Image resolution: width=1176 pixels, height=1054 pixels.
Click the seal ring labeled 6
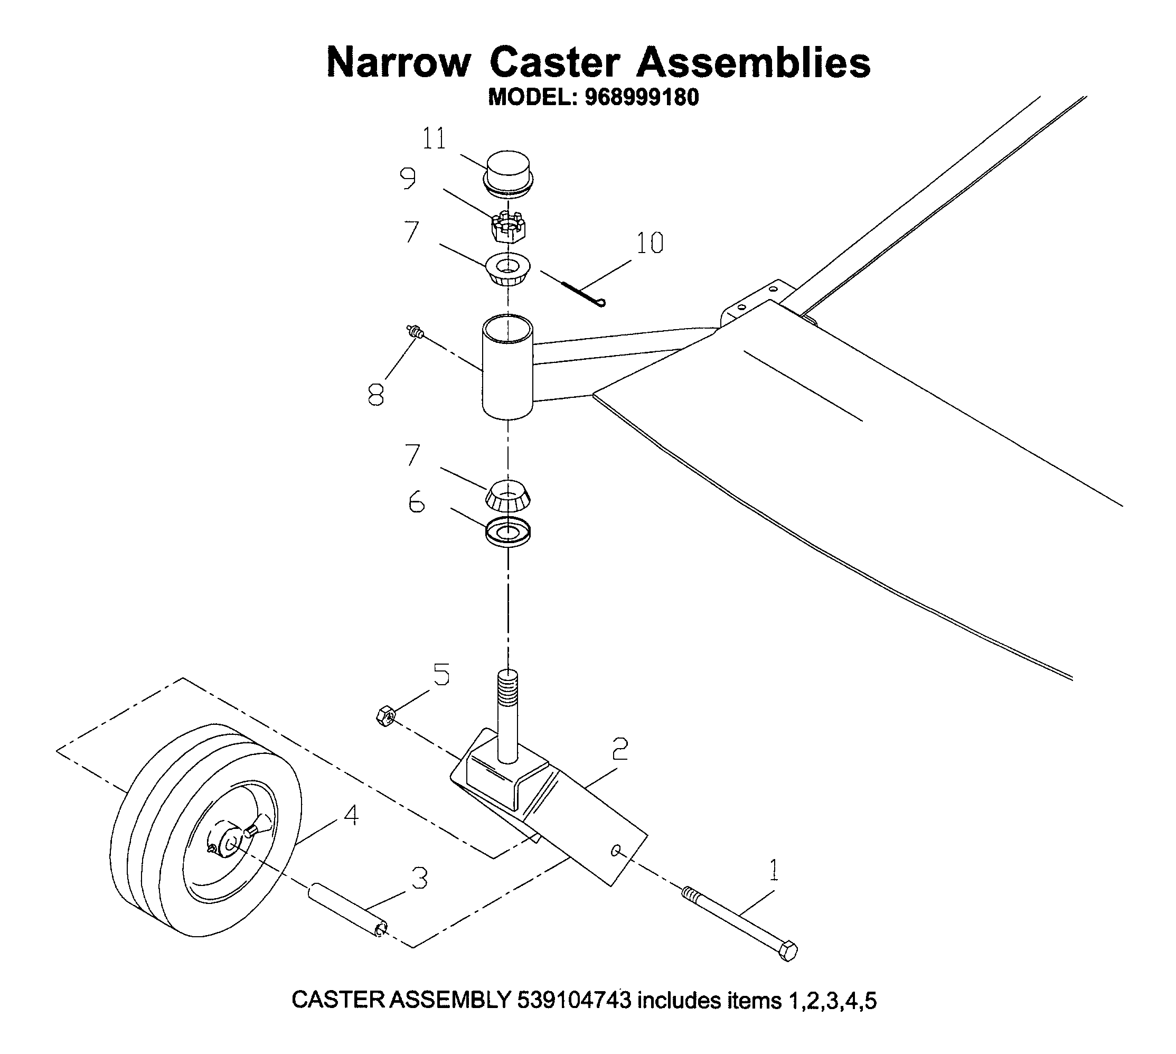click(507, 533)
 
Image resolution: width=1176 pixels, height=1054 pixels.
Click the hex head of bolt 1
click(788, 951)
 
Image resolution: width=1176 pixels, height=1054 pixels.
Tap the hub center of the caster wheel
click(230, 843)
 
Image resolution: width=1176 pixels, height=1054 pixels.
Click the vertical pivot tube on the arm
click(507, 367)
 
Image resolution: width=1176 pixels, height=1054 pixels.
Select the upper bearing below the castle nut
click(507, 269)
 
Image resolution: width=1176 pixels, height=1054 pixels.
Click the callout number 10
click(650, 243)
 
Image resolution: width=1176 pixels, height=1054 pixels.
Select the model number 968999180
click(642, 97)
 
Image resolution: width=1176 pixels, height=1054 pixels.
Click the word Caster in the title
click(554, 62)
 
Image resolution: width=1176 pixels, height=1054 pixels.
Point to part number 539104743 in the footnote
click(573, 1000)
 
